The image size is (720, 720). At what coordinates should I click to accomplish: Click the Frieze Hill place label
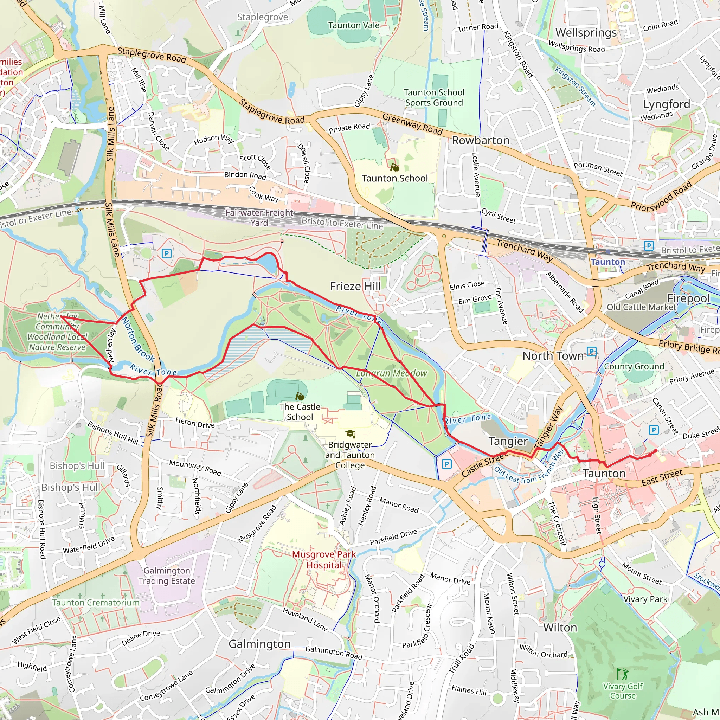[355, 286]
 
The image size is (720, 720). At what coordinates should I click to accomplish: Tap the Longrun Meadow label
[391, 373]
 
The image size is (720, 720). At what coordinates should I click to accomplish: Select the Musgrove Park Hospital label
[323, 560]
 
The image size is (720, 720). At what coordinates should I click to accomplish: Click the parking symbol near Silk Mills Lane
[167, 254]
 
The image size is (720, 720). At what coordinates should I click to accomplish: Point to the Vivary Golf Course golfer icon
[622, 674]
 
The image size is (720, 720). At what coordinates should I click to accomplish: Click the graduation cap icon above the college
[350, 434]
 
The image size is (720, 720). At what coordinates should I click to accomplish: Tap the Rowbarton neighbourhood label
[480, 141]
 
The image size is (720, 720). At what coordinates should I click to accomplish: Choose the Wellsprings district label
[586, 33]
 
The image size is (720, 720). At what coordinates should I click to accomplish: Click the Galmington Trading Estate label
[167, 576]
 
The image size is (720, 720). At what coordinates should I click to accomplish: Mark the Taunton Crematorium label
[96, 603]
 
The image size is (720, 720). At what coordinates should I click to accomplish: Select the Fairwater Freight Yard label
[259, 218]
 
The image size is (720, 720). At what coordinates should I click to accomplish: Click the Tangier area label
[508, 441]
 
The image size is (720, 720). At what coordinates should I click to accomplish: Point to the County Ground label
[634, 366]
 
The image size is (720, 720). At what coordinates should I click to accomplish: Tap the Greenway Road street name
[412, 124]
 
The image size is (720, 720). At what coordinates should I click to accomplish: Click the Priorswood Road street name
[661, 197]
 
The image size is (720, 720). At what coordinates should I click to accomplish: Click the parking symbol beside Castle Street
[446, 464]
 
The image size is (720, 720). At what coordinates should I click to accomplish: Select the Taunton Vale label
[354, 25]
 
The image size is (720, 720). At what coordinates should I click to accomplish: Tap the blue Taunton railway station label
[608, 262]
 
